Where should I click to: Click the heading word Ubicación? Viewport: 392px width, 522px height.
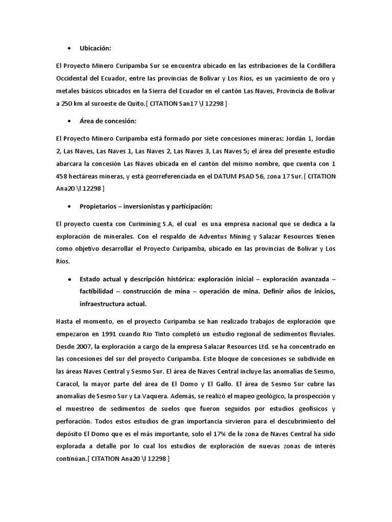pos(95,48)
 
